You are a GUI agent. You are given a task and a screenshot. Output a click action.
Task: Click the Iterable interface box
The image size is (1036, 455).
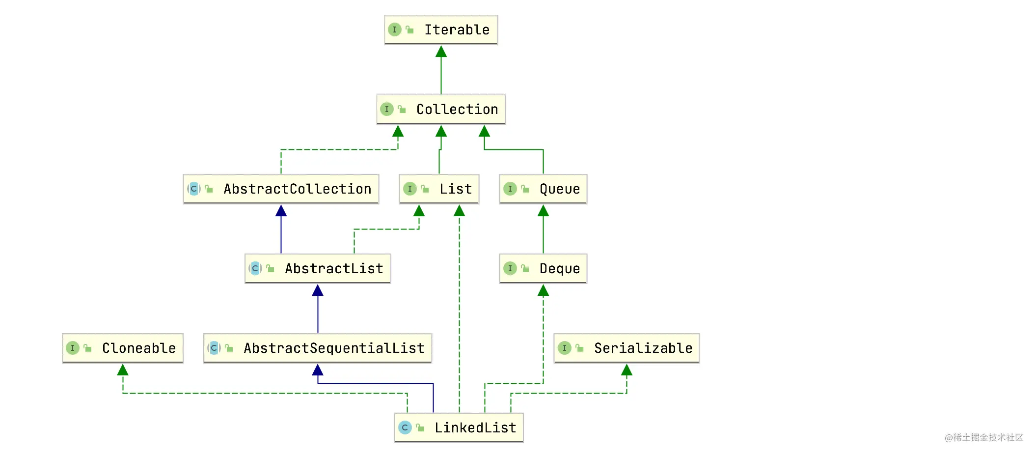pos(441,29)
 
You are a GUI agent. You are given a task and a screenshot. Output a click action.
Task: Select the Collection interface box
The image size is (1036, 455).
pos(441,109)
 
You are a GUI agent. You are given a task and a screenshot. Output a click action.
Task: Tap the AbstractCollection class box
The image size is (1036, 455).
pos(281,189)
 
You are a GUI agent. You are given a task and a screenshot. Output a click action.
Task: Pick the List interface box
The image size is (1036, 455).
pos(439,189)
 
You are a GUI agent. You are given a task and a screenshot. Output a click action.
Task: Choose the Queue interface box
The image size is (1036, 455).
pos(543,189)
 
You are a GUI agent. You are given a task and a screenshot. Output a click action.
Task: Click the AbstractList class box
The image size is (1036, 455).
pos(318,268)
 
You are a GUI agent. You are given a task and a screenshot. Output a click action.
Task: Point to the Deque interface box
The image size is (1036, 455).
pos(543,268)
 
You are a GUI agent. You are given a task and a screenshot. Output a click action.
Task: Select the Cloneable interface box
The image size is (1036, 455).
pos(123,348)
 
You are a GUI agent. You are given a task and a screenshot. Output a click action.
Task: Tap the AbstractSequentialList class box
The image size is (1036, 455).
pos(318,348)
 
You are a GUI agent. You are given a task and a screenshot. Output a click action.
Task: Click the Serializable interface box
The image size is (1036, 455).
pos(627,348)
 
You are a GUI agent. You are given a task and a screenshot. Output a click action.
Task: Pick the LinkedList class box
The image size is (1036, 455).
pos(459,427)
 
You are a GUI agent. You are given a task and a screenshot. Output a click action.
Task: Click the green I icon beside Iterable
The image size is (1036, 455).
pos(394,29)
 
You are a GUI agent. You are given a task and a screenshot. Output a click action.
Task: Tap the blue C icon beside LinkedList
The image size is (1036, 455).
pos(405,427)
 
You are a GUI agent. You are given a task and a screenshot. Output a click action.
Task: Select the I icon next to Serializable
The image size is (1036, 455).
pos(564,348)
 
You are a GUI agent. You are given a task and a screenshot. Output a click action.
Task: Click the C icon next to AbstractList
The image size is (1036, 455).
pos(255,268)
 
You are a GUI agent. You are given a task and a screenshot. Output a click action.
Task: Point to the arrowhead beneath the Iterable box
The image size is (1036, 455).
pos(441,52)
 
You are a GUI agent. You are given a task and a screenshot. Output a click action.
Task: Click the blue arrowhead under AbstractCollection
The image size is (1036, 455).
pos(281,211)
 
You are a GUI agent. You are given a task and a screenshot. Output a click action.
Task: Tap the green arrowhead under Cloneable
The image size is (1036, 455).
pos(123,370)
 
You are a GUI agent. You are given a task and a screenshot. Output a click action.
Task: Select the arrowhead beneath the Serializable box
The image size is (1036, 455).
pos(627,370)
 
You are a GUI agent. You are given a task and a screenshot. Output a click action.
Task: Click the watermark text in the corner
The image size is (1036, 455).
pos(983,437)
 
